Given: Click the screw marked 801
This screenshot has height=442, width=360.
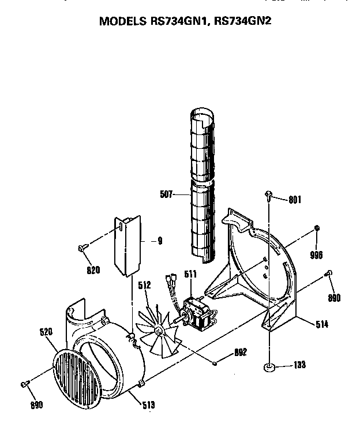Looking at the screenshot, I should pyautogui.click(x=269, y=194).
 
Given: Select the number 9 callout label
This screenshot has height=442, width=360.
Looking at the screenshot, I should pyautogui.click(x=159, y=241).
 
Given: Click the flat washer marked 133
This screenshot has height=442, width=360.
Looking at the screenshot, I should pyautogui.click(x=269, y=366).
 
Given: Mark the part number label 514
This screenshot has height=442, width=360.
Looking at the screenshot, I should pyautogui.click(x=321, y=324).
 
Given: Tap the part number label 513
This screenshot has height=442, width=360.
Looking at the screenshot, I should pyautogui.click(x=148, y=405).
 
